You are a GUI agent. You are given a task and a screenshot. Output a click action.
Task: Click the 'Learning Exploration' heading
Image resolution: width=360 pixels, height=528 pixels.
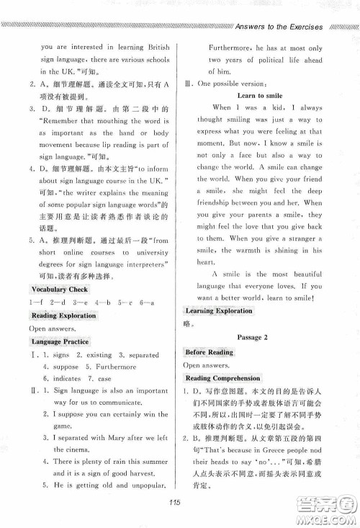(x=219, y=311)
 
